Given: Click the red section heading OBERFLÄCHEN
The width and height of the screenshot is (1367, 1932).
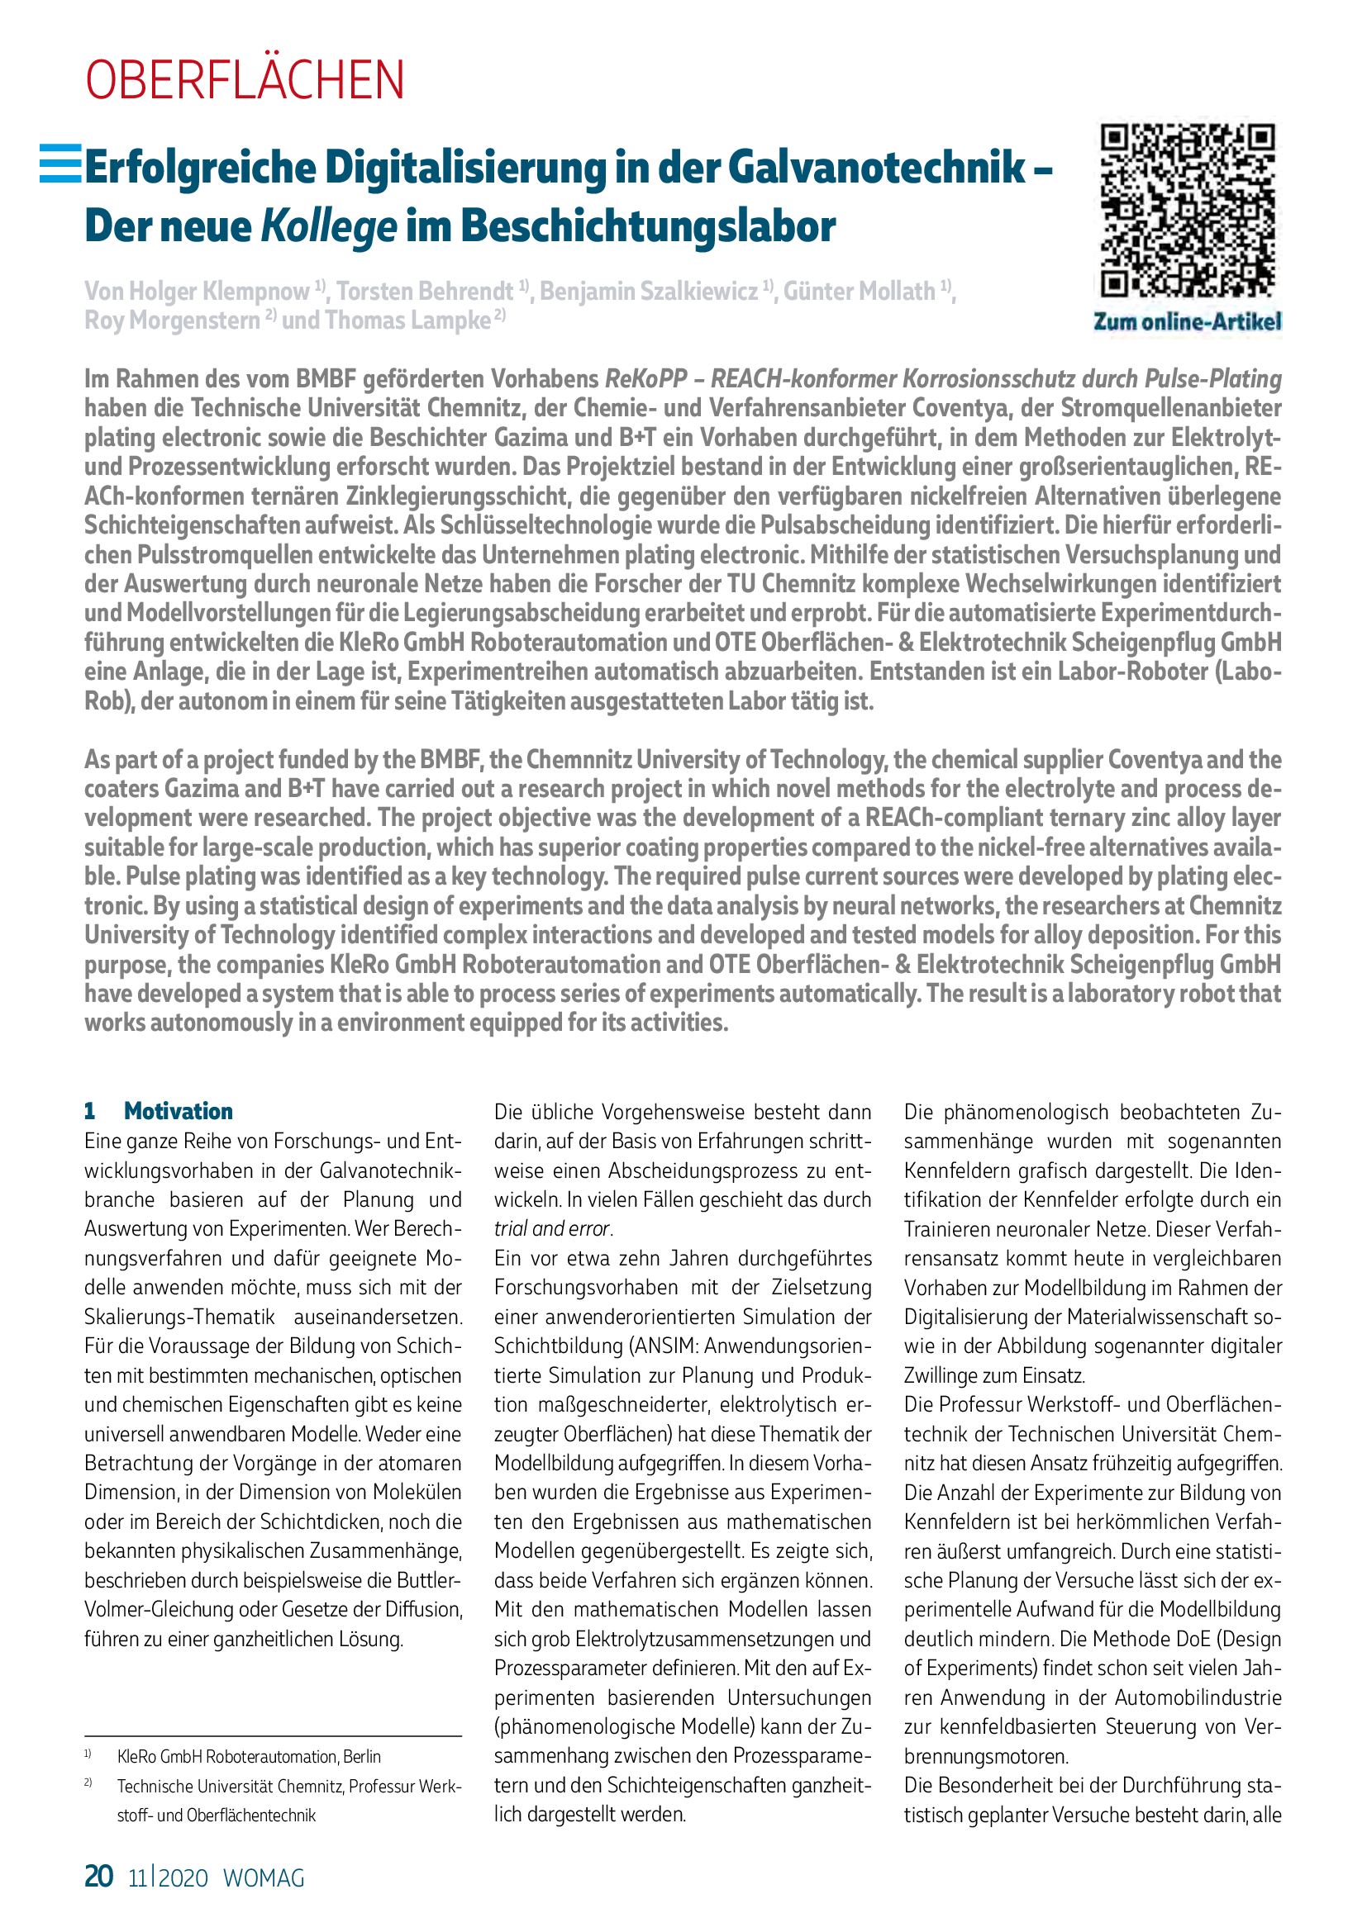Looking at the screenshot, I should pyautogui.click(x=244, y=80).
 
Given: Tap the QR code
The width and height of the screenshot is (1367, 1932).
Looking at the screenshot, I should pyautogui.click(x=1188, y=211).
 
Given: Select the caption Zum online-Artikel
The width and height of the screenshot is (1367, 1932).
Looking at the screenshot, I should pyautogui.click(x=1187, y=321).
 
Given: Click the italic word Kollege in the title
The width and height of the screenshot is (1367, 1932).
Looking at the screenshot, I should pyautogui.click(x=328, y=226).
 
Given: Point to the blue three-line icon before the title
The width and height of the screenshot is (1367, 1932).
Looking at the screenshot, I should pyautogui.click(x=60, y=164).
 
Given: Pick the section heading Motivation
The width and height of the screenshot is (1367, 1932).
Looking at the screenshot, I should pyautogui.click(x=179, y=1111).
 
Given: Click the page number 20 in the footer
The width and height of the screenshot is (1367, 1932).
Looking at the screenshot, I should pyautogui.click(x=98, y=1876).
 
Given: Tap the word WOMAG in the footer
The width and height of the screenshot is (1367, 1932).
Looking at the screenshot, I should pyautogui.click(x=264, y=1877).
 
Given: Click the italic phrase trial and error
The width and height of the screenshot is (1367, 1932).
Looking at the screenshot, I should pyautogui.click(x=552, y=1228).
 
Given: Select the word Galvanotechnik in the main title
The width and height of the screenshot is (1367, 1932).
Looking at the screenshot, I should pyautogui.click(x=875, y=167).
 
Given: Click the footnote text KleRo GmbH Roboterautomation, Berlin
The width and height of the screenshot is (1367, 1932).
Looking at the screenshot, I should pyautogui.click(x=249, y=1756).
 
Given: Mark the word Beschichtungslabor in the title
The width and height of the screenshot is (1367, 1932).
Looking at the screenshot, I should pyautogui.click(x=648, y=226).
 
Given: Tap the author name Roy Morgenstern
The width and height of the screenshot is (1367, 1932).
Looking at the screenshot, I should pyautogui.click(x=172, y=320).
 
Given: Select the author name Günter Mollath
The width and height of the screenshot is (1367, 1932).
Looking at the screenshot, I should pyautogui.click(x=860, y=291).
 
